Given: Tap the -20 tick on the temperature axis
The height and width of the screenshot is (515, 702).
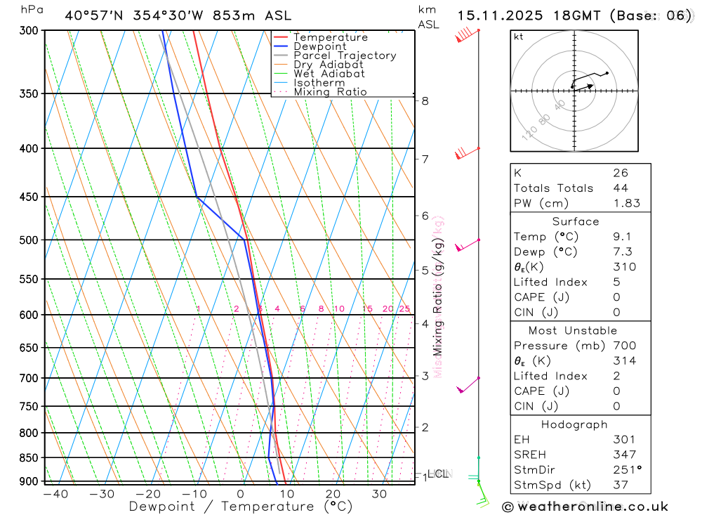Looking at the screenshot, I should coord(148,494).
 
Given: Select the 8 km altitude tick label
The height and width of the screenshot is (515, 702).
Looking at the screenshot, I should coord(425,100).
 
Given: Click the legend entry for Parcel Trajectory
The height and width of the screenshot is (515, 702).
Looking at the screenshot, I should coord(345,56).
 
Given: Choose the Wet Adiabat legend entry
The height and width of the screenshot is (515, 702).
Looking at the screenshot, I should coord(329,74).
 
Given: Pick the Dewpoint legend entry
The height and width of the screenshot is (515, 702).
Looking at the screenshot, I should coord(320,46).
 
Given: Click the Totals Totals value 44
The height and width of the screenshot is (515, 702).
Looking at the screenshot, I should coord(620,188).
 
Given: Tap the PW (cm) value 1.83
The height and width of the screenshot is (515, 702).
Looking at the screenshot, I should coord(626,204).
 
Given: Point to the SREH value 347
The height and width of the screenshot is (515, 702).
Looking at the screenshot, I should coord(624,455).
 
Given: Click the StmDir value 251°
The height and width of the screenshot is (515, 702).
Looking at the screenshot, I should coord(626,470).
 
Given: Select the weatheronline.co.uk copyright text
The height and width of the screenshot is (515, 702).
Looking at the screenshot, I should coord(585,507).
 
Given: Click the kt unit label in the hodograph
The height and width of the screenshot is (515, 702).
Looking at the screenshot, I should coord(518,37).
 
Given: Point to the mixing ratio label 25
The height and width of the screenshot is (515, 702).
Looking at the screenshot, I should coord(404,309).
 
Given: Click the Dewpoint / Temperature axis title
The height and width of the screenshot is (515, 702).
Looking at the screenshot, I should coord(241,507).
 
